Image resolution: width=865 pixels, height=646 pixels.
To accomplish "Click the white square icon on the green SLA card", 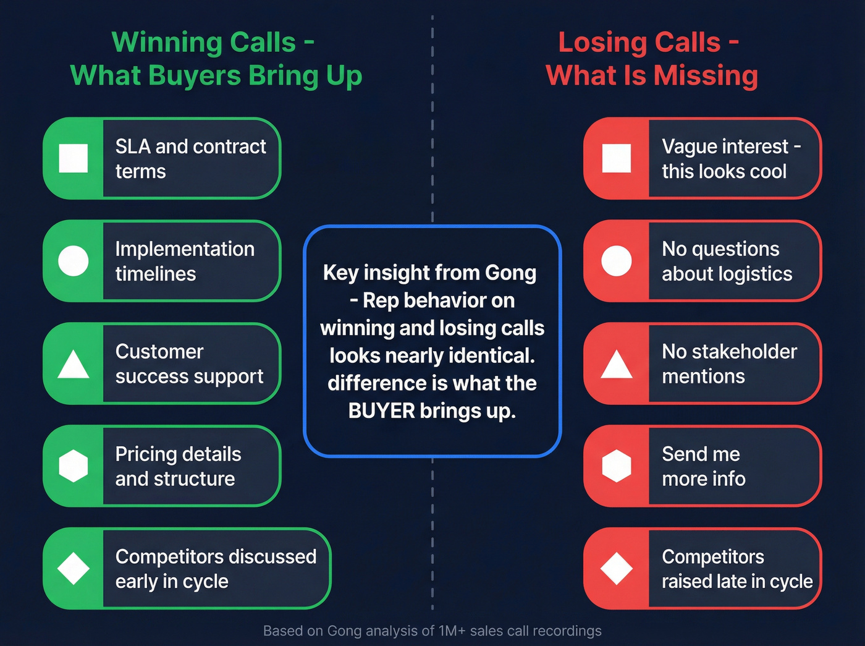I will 73,158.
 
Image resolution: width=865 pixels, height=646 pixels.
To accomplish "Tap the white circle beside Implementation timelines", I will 73,261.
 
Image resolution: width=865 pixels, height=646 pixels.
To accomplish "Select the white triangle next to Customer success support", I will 73,365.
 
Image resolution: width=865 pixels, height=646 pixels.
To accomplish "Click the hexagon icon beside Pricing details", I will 73,465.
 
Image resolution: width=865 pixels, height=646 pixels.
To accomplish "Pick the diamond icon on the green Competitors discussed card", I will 73,568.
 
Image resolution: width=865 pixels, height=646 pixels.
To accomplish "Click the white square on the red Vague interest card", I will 616,158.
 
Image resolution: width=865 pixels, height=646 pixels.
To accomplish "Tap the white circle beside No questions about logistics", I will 616,261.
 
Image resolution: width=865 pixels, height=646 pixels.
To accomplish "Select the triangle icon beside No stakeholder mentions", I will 616,365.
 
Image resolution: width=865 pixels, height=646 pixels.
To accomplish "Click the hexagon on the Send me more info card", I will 616,465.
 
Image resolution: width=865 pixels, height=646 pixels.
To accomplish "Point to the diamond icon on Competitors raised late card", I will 616,568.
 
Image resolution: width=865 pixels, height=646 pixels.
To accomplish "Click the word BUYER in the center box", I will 381,411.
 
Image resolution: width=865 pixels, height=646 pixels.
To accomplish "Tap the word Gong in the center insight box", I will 510,273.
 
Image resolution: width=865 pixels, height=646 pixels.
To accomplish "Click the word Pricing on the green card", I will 146,454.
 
